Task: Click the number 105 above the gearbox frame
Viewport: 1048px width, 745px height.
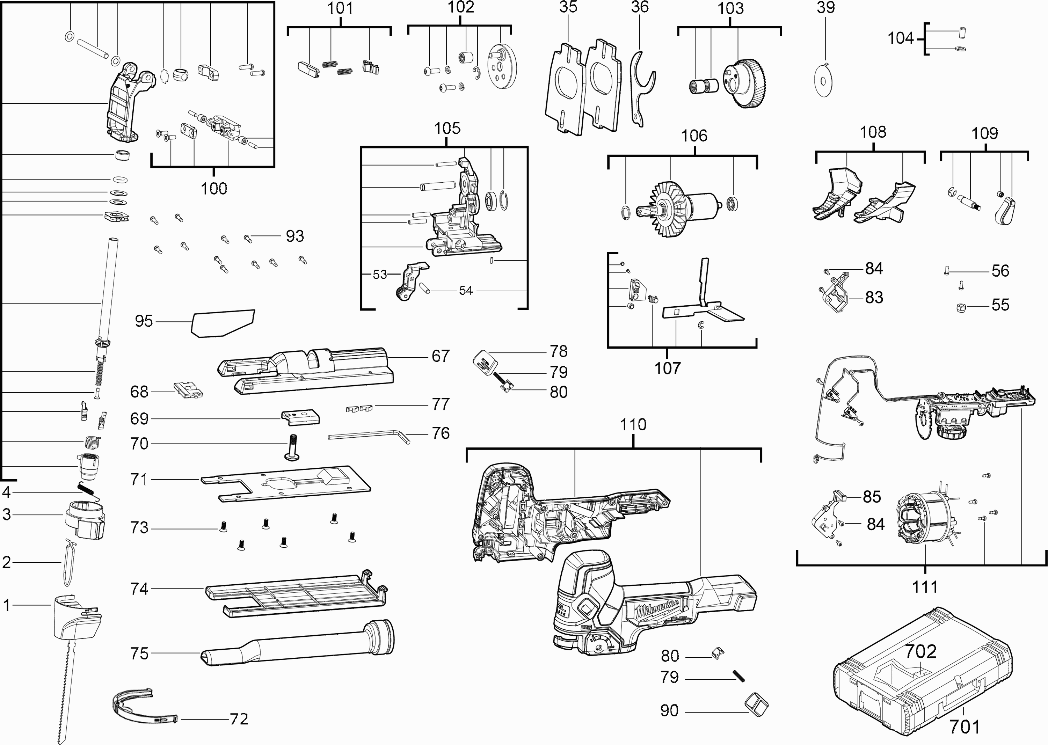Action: [x=447, y=129]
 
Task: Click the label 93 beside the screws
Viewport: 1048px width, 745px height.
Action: [x=294, y=236]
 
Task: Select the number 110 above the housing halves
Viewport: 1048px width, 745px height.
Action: [x=633, y=425]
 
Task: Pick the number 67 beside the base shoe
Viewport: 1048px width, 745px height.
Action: [x=441, y=356]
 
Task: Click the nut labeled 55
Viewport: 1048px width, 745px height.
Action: [x=960, y=307]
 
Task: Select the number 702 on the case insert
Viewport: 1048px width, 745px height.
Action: [x=920, y=652]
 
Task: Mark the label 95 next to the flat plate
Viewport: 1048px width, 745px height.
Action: [x=143, y=321]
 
